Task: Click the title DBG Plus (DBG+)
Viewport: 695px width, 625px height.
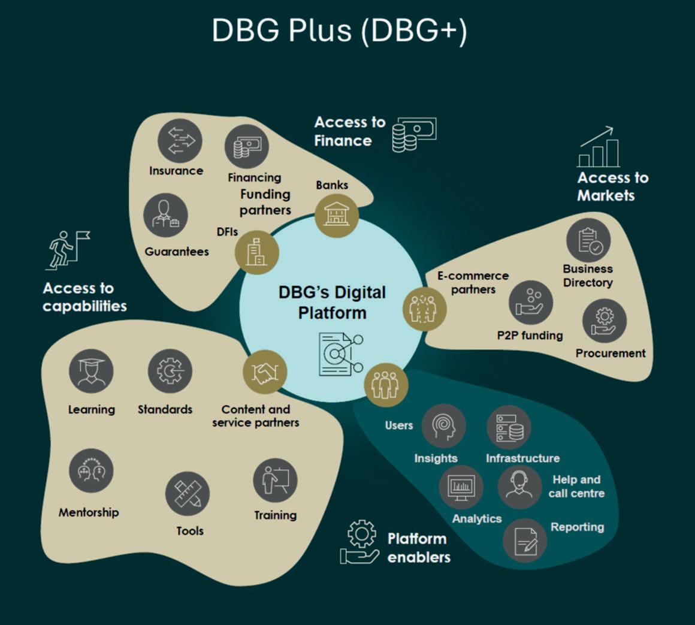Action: [x=339, y=30]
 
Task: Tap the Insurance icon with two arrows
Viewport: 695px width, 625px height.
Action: [x=180, y=141]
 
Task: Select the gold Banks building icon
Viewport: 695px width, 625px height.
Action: [x=337, y=215]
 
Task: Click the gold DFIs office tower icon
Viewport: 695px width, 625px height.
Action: [x=257, y=252]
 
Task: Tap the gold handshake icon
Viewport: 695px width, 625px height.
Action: [x=265, y=372]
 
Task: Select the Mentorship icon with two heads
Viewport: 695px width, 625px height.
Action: [x=91, y=471]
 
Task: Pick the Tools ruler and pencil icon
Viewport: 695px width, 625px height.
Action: [x=188, y=494]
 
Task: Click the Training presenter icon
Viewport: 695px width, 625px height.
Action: [x=275, y=480]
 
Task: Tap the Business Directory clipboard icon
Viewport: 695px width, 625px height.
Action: [x=588, y=241]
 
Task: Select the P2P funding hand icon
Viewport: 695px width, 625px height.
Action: [x=531, y=302]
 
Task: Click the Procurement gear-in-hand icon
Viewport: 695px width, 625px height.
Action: [x=604, y=321]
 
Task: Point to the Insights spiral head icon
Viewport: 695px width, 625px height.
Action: [x=444, y=426]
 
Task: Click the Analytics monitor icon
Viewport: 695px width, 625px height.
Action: [x=461, y=487]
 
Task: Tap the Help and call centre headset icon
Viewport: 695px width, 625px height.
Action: [x=519, y=487]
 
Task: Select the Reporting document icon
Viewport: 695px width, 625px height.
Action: [x=524, y=541]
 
